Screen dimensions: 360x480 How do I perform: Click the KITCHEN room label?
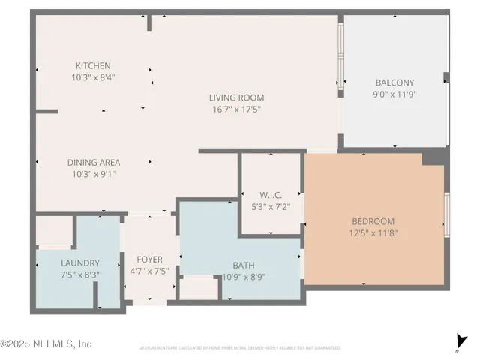click(x=93, y=65)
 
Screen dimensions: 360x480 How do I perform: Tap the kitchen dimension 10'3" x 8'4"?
click(x=93, y=76)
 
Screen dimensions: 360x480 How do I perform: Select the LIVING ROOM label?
click(x=236, y=97)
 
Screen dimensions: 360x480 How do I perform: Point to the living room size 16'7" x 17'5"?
click(x=236, y=109)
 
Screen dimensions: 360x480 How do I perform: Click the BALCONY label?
click(x=394, y=82)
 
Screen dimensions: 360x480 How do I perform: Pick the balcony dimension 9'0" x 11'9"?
click(x=394, y=94)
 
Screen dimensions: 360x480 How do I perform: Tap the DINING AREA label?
click(x=94, y=162)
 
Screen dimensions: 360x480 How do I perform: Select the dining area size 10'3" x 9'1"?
click(x=94, y=173)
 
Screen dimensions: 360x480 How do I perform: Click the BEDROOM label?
click(x=373, y=221)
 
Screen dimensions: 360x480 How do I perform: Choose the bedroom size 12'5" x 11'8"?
click(x=373, y=232)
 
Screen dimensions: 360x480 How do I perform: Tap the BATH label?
click(x=244, y=264)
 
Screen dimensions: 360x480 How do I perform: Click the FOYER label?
click(x=149, y=260)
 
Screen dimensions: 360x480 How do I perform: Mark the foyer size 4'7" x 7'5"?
click(x=149, y=271)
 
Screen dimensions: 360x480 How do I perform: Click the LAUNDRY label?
click(x=79, y=262)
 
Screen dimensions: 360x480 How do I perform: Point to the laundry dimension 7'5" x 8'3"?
click(x=79, y=274)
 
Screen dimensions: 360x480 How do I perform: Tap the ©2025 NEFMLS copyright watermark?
click(x=46, y=343)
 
